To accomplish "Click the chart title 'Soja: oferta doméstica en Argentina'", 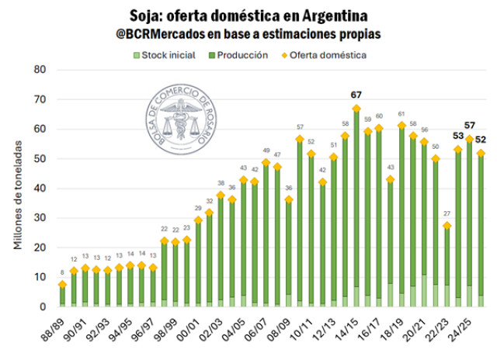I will coord(248,16).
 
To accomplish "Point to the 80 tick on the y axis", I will coord(40,70).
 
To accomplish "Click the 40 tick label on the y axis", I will coord(40,189).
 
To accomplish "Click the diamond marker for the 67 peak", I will coord(356,109).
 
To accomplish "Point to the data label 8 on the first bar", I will coord(62,272).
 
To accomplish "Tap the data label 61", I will coord(401,114).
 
